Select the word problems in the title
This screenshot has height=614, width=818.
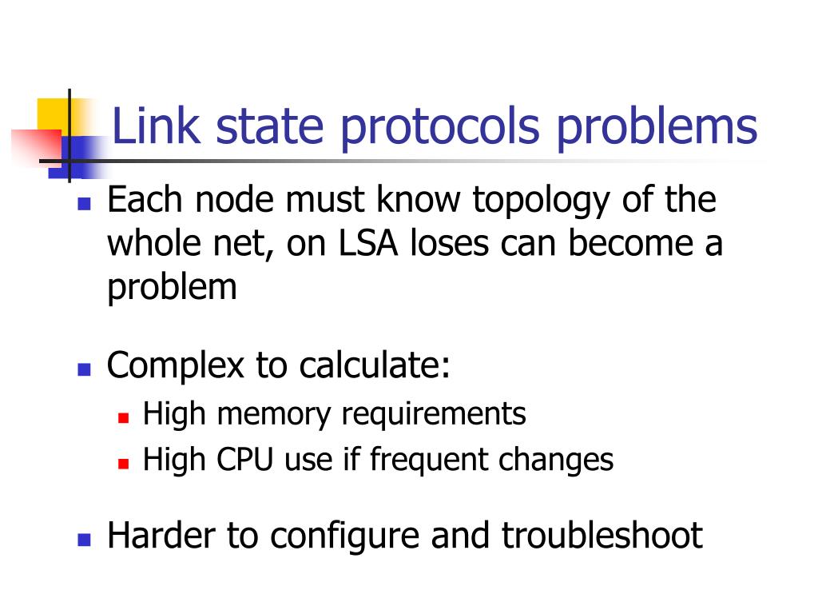pos(657,128)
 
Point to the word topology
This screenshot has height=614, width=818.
pos(540,201)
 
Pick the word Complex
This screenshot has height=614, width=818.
pos(175,366)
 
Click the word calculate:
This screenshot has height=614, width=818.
pos(375,365)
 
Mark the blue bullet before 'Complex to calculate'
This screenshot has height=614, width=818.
pos(82,369)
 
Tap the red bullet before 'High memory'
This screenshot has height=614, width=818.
pos(123,417)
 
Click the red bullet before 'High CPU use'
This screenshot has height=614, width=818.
pos(123,463)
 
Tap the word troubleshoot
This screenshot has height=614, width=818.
pos(602,536)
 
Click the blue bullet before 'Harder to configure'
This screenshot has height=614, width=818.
pos(82,539)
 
